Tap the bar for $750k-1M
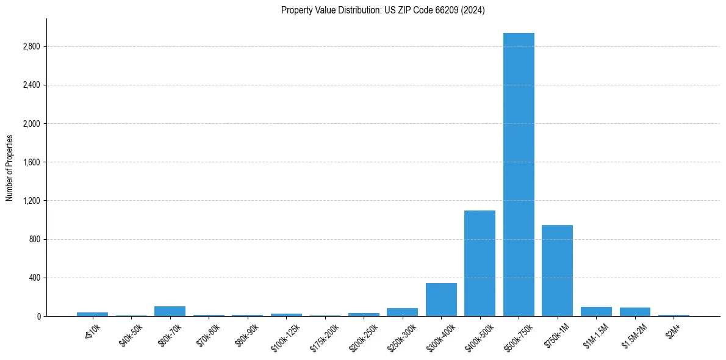(x=557, y=271)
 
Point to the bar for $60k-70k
(x=170, y=311)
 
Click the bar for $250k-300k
(x=402, y=312)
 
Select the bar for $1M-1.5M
(x=596, y=312)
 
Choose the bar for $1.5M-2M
(x=634, y=312)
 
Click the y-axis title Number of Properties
(x=10, y=167)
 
